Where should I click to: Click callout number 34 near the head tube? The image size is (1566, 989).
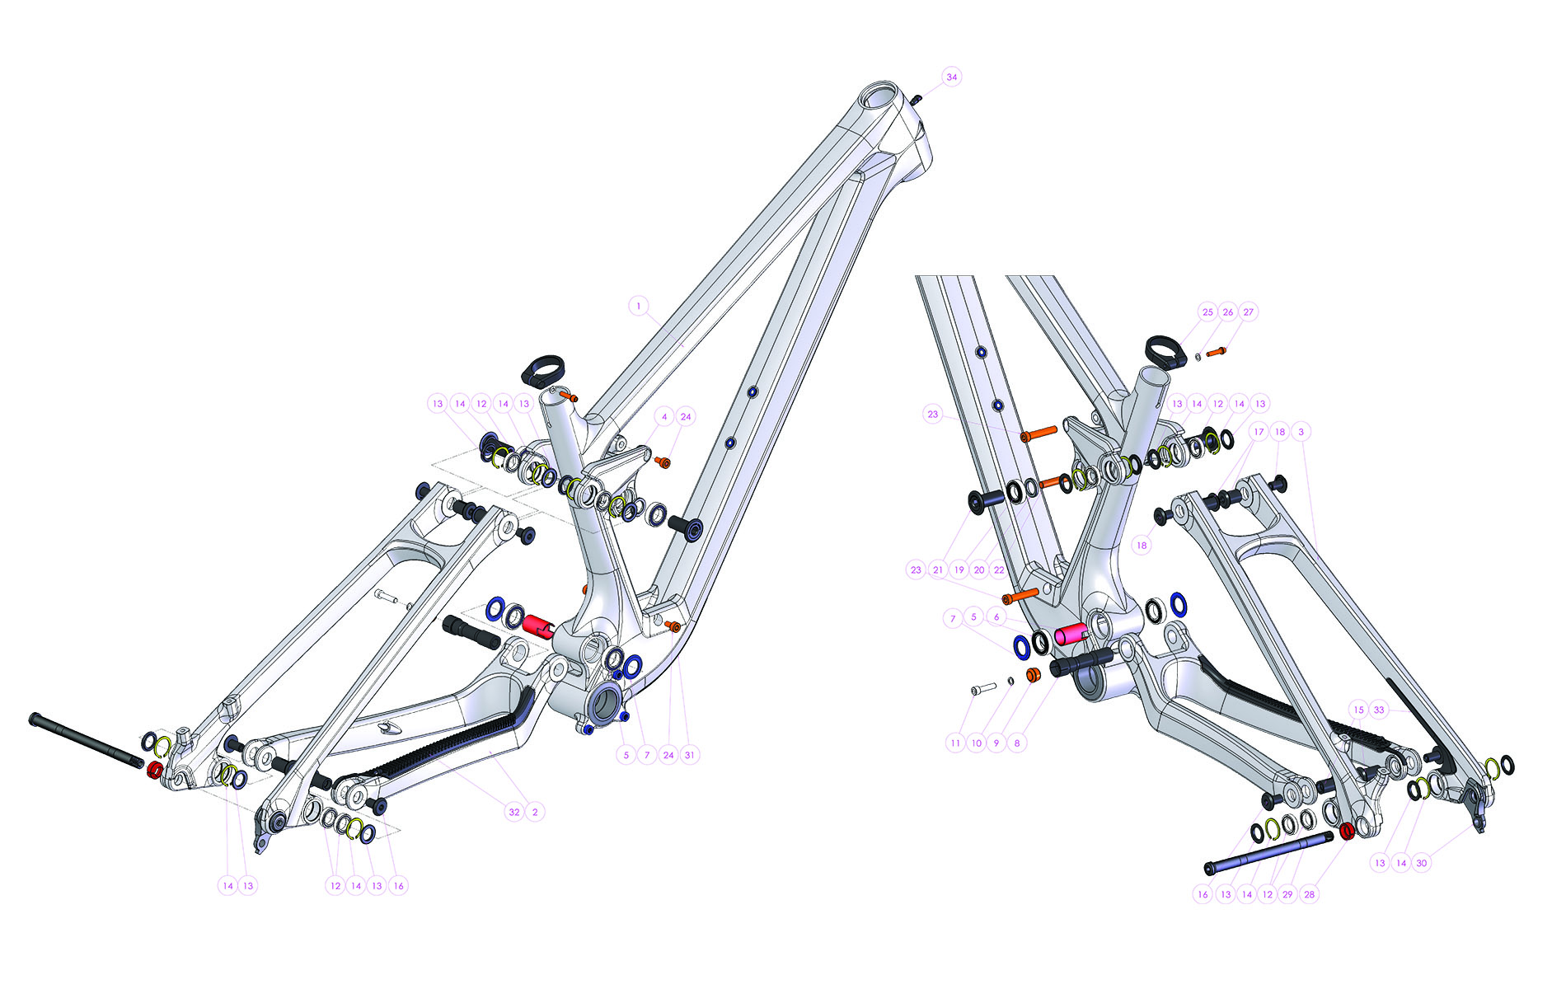click(x=952, y=77)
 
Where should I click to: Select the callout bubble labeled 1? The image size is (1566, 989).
click(x=638, y=306)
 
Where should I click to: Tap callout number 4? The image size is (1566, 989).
click(x=664, y=417)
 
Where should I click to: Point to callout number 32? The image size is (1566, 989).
click(x=514, y=812)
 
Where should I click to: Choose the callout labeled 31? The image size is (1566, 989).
click(x=690, y=754)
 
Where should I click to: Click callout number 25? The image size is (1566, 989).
click(x=1207, y=312)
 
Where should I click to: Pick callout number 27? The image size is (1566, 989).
click(x=1249, y=312)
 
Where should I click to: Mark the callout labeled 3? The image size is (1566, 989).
click(x=1301, y=432)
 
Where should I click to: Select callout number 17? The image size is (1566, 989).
click(x=1259, y=432)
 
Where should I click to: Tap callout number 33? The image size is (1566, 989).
click(x=1379, y=710)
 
